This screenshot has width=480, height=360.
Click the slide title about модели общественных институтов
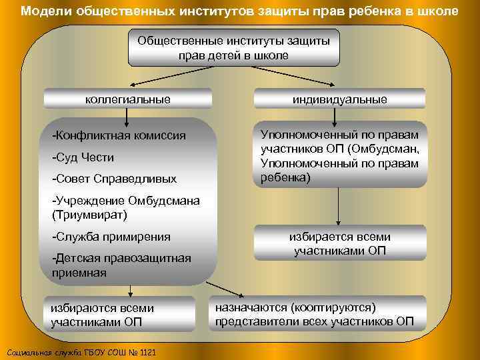pos(239,11)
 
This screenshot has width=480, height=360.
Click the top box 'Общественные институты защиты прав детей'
pos(233,48)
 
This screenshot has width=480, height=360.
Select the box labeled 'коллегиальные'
pos(127,99)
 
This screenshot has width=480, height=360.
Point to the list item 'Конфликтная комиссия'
pos(119,136)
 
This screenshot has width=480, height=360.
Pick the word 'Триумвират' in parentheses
pos(88,215)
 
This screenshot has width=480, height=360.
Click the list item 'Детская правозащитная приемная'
pos(120,265)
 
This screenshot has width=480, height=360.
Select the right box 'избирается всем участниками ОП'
pos(339,244)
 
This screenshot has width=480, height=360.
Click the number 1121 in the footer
pos(147,352)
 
